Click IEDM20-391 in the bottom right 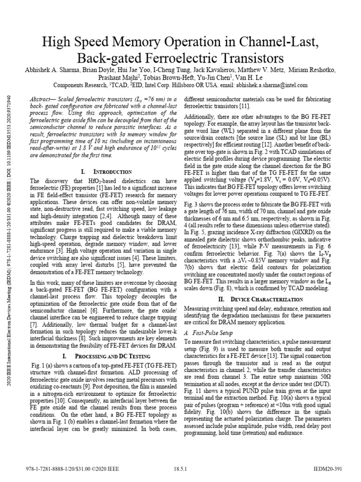(331, 469)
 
